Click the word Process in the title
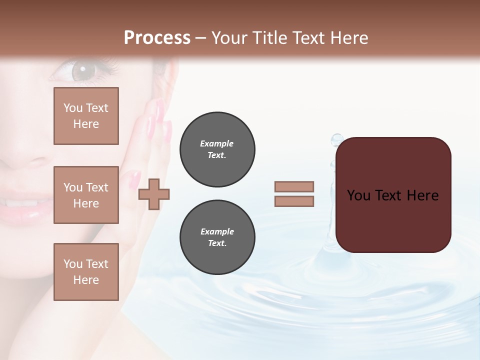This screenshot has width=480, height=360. pyautogui.click(x=157, y=38)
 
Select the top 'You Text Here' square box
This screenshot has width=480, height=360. pyautogui.click(x=86, y=116)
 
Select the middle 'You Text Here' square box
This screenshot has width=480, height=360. pyautogui.click(x=86, y=195)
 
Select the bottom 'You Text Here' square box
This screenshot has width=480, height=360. pyautogui.click(x=86, y=272)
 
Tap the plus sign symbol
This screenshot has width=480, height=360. pyautogui.click(x=154, y=194)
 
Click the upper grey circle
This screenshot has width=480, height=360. pyautogui.click(x=217, y=149)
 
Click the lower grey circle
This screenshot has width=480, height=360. pyautogui.click(x=217, y=237)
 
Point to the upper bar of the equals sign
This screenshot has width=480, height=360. pyautogui.click(x=294, y=186)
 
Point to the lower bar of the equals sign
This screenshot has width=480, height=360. pyautogui.click(x=294, y=201)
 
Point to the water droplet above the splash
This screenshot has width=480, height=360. pyautogui.click(x=337, y=138)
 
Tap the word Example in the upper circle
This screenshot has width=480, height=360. pyautogui.click(x=216, y=143)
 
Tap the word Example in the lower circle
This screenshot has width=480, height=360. pyautogui.click(x=217, y=231)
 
